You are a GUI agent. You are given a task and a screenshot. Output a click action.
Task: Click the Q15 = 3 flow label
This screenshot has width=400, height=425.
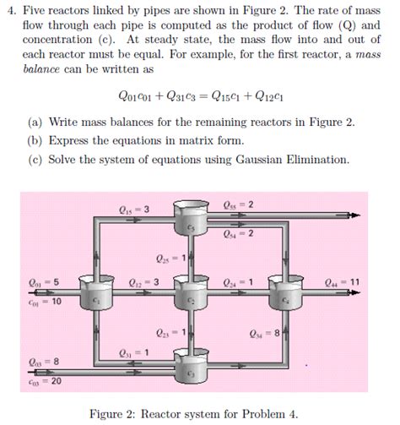click(x=135, y=210)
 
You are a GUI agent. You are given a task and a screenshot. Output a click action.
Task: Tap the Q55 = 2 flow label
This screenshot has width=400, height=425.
click(x=240, y=204)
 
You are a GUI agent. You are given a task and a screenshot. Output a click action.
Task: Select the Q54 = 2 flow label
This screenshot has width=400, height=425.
click(x=239, y=233)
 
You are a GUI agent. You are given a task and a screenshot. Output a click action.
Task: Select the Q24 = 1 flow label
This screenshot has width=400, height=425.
click(x=238, y=282)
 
